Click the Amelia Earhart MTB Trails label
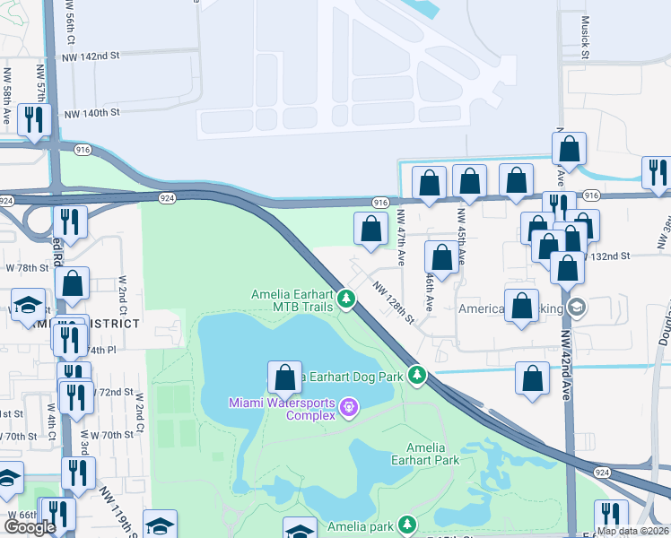[x=292, y=300]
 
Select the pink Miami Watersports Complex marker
[x=349, y=411]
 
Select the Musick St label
[x=585, y=38]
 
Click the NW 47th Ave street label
[x=401, y=239]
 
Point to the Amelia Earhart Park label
[x=432, y=454]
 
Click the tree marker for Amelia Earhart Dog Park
[x=416, y=375]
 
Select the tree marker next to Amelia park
[x=407, y=524]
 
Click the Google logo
[x=30, y=527]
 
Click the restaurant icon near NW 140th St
[x=34, y=120]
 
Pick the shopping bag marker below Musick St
[x=569, y=148]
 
